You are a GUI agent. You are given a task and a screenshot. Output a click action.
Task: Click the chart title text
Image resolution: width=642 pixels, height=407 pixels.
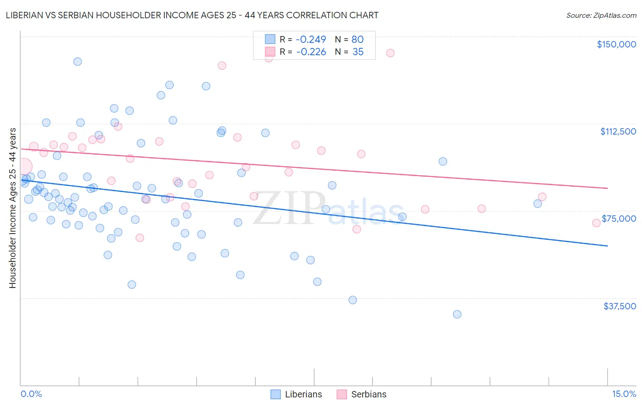point(192,15)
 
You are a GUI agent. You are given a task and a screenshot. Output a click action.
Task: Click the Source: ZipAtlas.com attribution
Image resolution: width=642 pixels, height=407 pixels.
point(601,15)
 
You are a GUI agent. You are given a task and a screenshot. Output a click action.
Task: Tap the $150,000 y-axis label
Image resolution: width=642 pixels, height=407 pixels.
point(616,44)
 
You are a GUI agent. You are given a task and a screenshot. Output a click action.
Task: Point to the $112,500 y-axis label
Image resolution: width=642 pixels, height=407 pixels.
point(617,131)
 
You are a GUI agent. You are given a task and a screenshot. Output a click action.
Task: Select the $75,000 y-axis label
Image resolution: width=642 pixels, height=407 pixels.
point(618,219)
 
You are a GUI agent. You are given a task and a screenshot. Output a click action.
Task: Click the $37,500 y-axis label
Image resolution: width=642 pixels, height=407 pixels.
point(619,306)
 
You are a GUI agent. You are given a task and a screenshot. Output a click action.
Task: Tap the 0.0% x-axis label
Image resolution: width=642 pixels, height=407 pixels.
point(31,394)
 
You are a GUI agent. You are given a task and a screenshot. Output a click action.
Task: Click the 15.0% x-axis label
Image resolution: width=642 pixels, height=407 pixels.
point(624,394)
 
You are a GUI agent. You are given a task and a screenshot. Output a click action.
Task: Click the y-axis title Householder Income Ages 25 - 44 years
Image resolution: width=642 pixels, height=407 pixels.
point(12,208)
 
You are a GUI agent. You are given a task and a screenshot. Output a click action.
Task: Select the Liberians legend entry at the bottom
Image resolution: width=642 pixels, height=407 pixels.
point(297,394)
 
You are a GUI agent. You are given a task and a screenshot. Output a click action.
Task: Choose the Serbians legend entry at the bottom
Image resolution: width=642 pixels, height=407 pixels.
point(362,394)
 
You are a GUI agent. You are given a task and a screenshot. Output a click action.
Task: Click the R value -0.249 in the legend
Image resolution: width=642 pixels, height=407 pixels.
point(311,39)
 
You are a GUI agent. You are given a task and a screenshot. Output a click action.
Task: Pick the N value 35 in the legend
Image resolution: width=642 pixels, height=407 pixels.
point(358,52)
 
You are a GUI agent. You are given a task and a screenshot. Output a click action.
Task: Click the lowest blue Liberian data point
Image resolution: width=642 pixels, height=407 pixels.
point(457,314)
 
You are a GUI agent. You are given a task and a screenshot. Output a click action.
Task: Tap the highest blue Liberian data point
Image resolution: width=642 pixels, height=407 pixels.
point(78,62)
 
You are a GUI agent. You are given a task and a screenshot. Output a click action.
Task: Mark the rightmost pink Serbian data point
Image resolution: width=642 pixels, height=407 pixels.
point(596,223)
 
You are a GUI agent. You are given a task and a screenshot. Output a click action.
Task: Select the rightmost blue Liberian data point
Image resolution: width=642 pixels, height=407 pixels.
point(537,203)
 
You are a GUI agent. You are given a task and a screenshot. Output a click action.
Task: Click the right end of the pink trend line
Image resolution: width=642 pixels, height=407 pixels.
point(607,188)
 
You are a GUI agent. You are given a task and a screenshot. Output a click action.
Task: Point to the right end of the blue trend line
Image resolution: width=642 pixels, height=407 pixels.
point(607,246)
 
